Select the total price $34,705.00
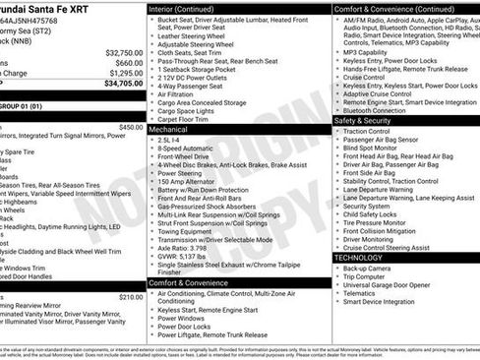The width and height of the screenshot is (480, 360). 124,84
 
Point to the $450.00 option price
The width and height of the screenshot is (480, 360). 131,127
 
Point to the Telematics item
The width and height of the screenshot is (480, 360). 361,293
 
